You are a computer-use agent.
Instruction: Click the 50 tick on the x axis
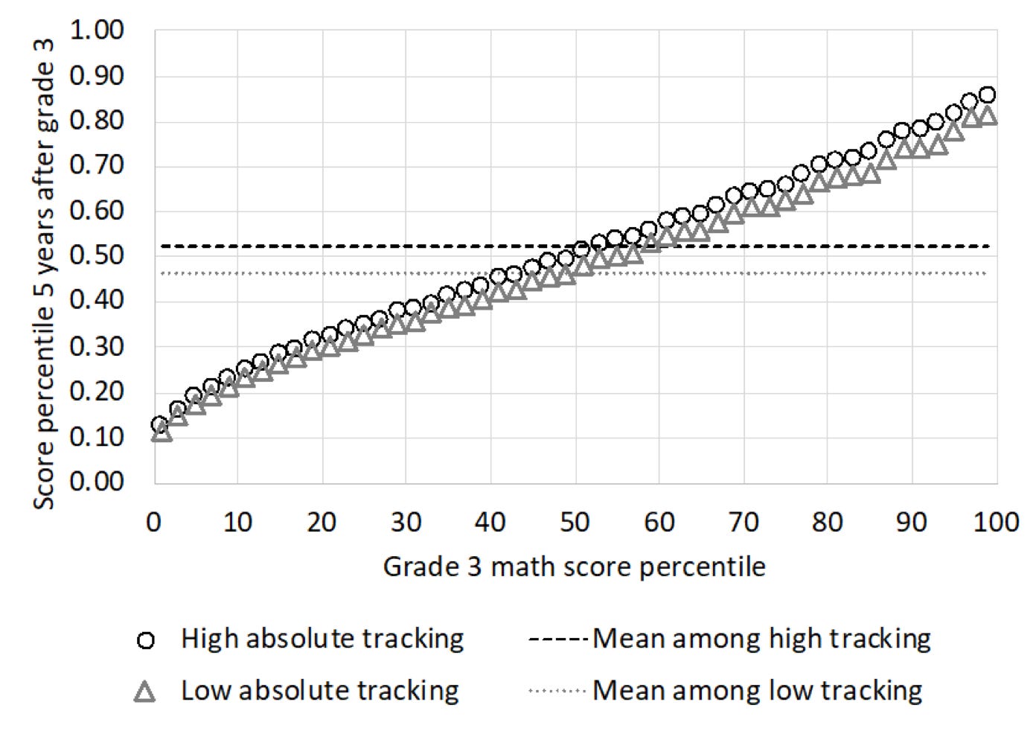tap(575, 523)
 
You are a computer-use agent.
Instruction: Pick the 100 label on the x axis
tap(997, 523)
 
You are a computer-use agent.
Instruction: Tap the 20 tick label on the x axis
tap(322, 523)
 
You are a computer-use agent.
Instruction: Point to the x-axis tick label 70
tap(744, 523)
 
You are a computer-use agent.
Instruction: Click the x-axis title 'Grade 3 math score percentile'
tap(574, 567)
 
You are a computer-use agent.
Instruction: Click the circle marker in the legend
tap(147, 640)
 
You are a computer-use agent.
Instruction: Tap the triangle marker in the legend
tap(147, 692)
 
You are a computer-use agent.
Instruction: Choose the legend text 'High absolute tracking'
tap(322, 639)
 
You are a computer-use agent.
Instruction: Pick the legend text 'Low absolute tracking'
tap(319, 691)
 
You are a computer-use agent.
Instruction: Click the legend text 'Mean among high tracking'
tap(761, 639)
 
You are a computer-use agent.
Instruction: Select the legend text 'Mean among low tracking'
tap(757, 691)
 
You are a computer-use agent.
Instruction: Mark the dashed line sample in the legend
tap(557, 639)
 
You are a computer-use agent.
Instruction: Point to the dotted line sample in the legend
tap(557, 692)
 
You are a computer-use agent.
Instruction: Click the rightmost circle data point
tap(988, 95)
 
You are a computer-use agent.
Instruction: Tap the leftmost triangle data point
tap(162, 433)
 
